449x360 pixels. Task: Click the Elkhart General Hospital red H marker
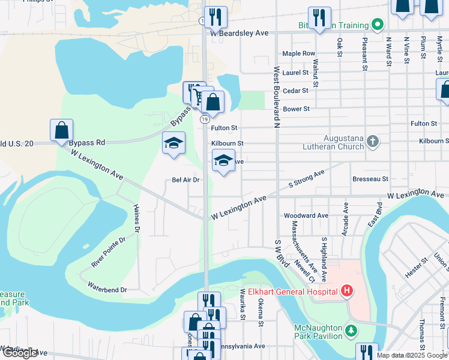click(x=346, y=292)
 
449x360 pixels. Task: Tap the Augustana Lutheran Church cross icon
click(x=372, y=142)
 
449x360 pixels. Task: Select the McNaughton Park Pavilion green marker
click(x=352, y=330)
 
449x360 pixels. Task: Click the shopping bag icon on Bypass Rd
click(x=61, y=130)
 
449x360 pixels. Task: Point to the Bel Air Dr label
click(x=185, y=179)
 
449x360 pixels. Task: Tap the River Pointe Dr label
click(x=109, y=251)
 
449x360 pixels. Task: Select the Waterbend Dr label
click(x=107, y=290)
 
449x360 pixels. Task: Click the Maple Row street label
click(x=298, y=53)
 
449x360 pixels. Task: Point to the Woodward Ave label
click(x=306, y=215)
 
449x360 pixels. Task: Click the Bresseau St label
click(x=370, y=179)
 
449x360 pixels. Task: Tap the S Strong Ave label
click(x=306, y=178)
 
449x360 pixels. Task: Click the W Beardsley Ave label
click(x=238, y=34)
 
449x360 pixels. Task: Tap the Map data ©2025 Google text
click(x=411, y=355)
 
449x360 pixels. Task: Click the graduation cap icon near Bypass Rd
click(x=173, y=143)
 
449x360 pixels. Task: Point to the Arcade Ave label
click(x=346, y=219)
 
